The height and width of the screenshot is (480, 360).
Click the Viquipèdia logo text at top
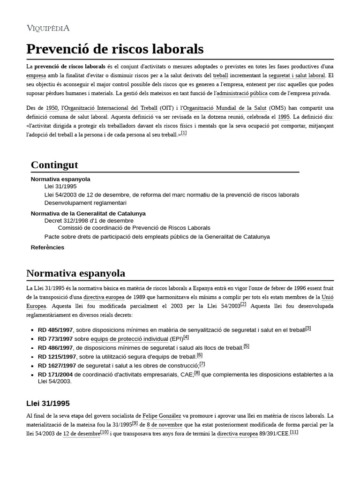pyautogui.click(x=48, y=28)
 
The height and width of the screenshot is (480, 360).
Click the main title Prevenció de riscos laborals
pyautogui.click(x=115, y=49)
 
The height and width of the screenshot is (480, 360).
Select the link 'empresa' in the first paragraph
pyautogui.click(x=36, y=75)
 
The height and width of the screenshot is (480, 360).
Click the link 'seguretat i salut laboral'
pyautogui.click(x=296, y=75)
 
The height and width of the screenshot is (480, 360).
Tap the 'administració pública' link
pyautogui.click(x=242, y=94)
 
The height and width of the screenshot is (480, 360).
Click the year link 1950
pyautogui.click(x=52, y=108)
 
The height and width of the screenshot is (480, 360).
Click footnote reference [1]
pyautogui.click(x=184, y=134)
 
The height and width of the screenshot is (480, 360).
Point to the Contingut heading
pyautogui.click(x=54, y=165)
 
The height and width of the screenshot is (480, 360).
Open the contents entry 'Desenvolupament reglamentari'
pyautogui.click(x=85, y=203)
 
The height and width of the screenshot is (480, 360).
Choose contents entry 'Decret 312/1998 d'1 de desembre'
pyautogui.click(x=89, y=220)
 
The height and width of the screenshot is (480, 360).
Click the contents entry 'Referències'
pyautogui.click(x=47, y=247)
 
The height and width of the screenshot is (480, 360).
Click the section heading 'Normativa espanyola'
pyautogui.click(x=75, y=273)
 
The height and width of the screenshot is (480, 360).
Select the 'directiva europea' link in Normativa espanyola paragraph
pyautogui.click(x=104, y=297)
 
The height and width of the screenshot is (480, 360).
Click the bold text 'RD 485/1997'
pyautogui.click(x=55, y=330)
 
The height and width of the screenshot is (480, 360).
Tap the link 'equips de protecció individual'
pyautogui.click(x=129, y=339)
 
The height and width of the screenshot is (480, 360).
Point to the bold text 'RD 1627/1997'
pyautogui.click(x=57, y=366)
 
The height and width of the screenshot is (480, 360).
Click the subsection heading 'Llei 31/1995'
pyautogui.click(x=48, y=403)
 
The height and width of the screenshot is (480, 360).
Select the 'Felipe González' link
pyautogui.click(x=162, y=416)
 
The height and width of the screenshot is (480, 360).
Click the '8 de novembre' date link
pyautogui.click(x=165, y=425)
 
